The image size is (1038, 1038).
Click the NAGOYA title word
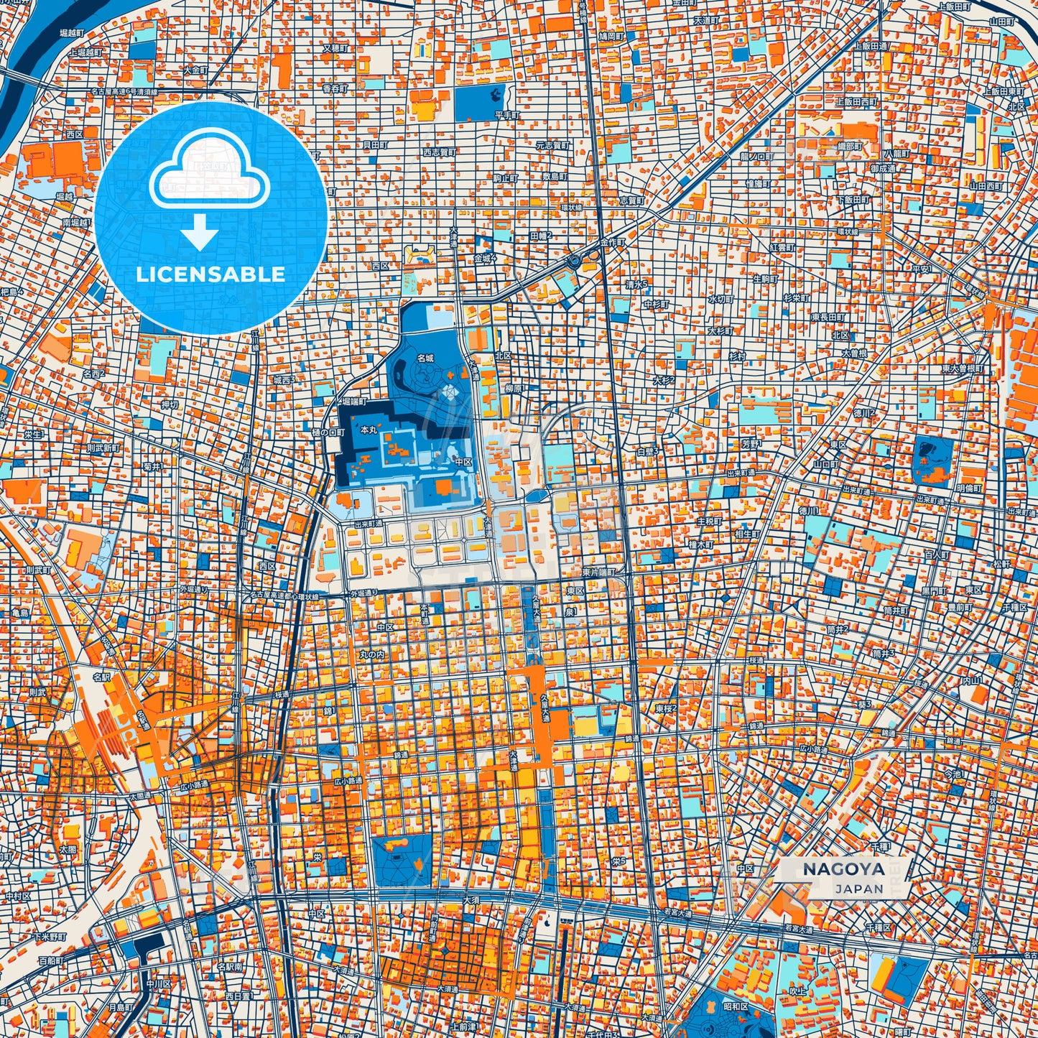[843, 869]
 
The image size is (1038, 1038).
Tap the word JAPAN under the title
[859, 889]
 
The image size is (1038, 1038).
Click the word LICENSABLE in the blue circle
[210, 274]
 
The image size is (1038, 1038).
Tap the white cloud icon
[209, 176]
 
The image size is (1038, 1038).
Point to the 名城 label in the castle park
[426, 357]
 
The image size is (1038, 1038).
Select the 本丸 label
[368, 430]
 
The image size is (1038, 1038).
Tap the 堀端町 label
[353, 402]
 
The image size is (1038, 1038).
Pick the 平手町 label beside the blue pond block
[506, 114]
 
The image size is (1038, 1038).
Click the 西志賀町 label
[439, 152]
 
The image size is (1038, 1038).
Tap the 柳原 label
[513, 389]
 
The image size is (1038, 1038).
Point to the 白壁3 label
[648, 451]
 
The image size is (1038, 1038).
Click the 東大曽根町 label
[963, 369]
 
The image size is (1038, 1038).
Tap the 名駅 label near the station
[101, 677]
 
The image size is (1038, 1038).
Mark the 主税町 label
[708, 522]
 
